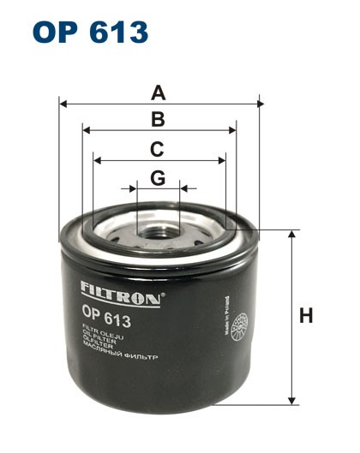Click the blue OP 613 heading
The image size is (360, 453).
coord(91,32)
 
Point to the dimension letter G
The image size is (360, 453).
coord(157,177)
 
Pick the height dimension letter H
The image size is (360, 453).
coord(305,316)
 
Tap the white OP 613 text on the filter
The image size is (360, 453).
coord(106,321)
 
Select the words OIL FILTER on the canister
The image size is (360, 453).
coord(99,341)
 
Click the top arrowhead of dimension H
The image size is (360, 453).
coord(293,234)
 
